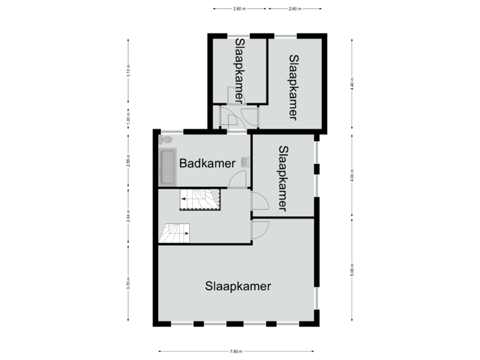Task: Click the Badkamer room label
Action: (207, 163)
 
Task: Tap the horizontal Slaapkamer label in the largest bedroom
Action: (238, 287)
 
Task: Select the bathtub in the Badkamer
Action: (167, 167)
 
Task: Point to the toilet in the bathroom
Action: (167, 140)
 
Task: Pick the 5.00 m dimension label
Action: (352, 270)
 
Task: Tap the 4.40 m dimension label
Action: (352, 83)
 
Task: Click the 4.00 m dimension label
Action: (352, 177)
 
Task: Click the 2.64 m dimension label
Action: (128, 215)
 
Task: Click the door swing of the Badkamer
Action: (238, 181)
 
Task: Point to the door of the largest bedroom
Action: (259, 229)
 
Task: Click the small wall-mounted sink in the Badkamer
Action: (246, 161)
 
